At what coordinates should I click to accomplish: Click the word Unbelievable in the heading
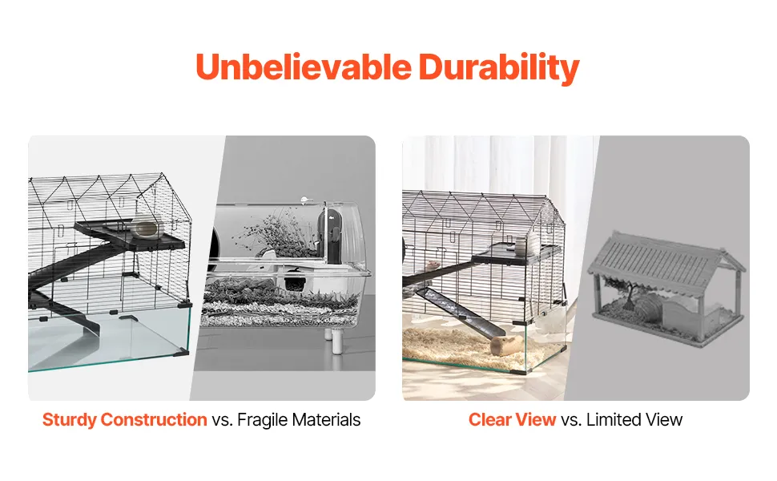click(304, 67)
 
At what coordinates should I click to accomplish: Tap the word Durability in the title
click(499, 68)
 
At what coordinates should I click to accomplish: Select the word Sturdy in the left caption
click(70, 420)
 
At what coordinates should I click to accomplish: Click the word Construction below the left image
click(154, 419)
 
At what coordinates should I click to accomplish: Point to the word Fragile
click(262, 420)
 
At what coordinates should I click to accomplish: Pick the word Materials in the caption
click(326, 419)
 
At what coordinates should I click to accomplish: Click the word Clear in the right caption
click(489, 419)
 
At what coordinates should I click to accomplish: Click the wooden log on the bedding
click(507, 346)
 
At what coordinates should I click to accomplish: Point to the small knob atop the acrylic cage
click(304, 200)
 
